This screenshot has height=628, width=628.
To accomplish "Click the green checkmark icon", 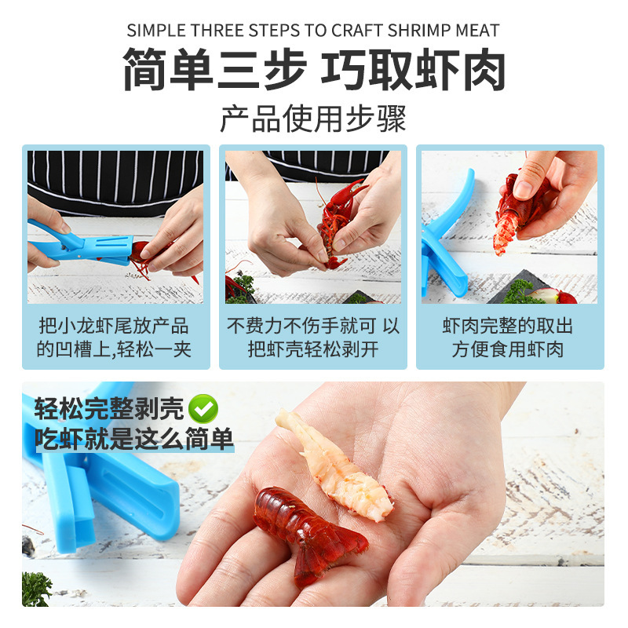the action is click(203, 408).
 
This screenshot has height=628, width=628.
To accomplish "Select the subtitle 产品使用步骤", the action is click(313, 119).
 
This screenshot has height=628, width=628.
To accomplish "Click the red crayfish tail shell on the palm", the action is click(309, 531).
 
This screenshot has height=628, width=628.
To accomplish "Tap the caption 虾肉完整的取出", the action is click(507, 326).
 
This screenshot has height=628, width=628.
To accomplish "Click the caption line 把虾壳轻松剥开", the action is click(313, 349).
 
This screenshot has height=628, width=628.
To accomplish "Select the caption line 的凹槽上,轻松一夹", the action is click(114, 349).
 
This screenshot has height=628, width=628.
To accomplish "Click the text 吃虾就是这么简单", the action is click(134, 439).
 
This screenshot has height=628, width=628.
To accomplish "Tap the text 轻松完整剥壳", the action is click(109, 408).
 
